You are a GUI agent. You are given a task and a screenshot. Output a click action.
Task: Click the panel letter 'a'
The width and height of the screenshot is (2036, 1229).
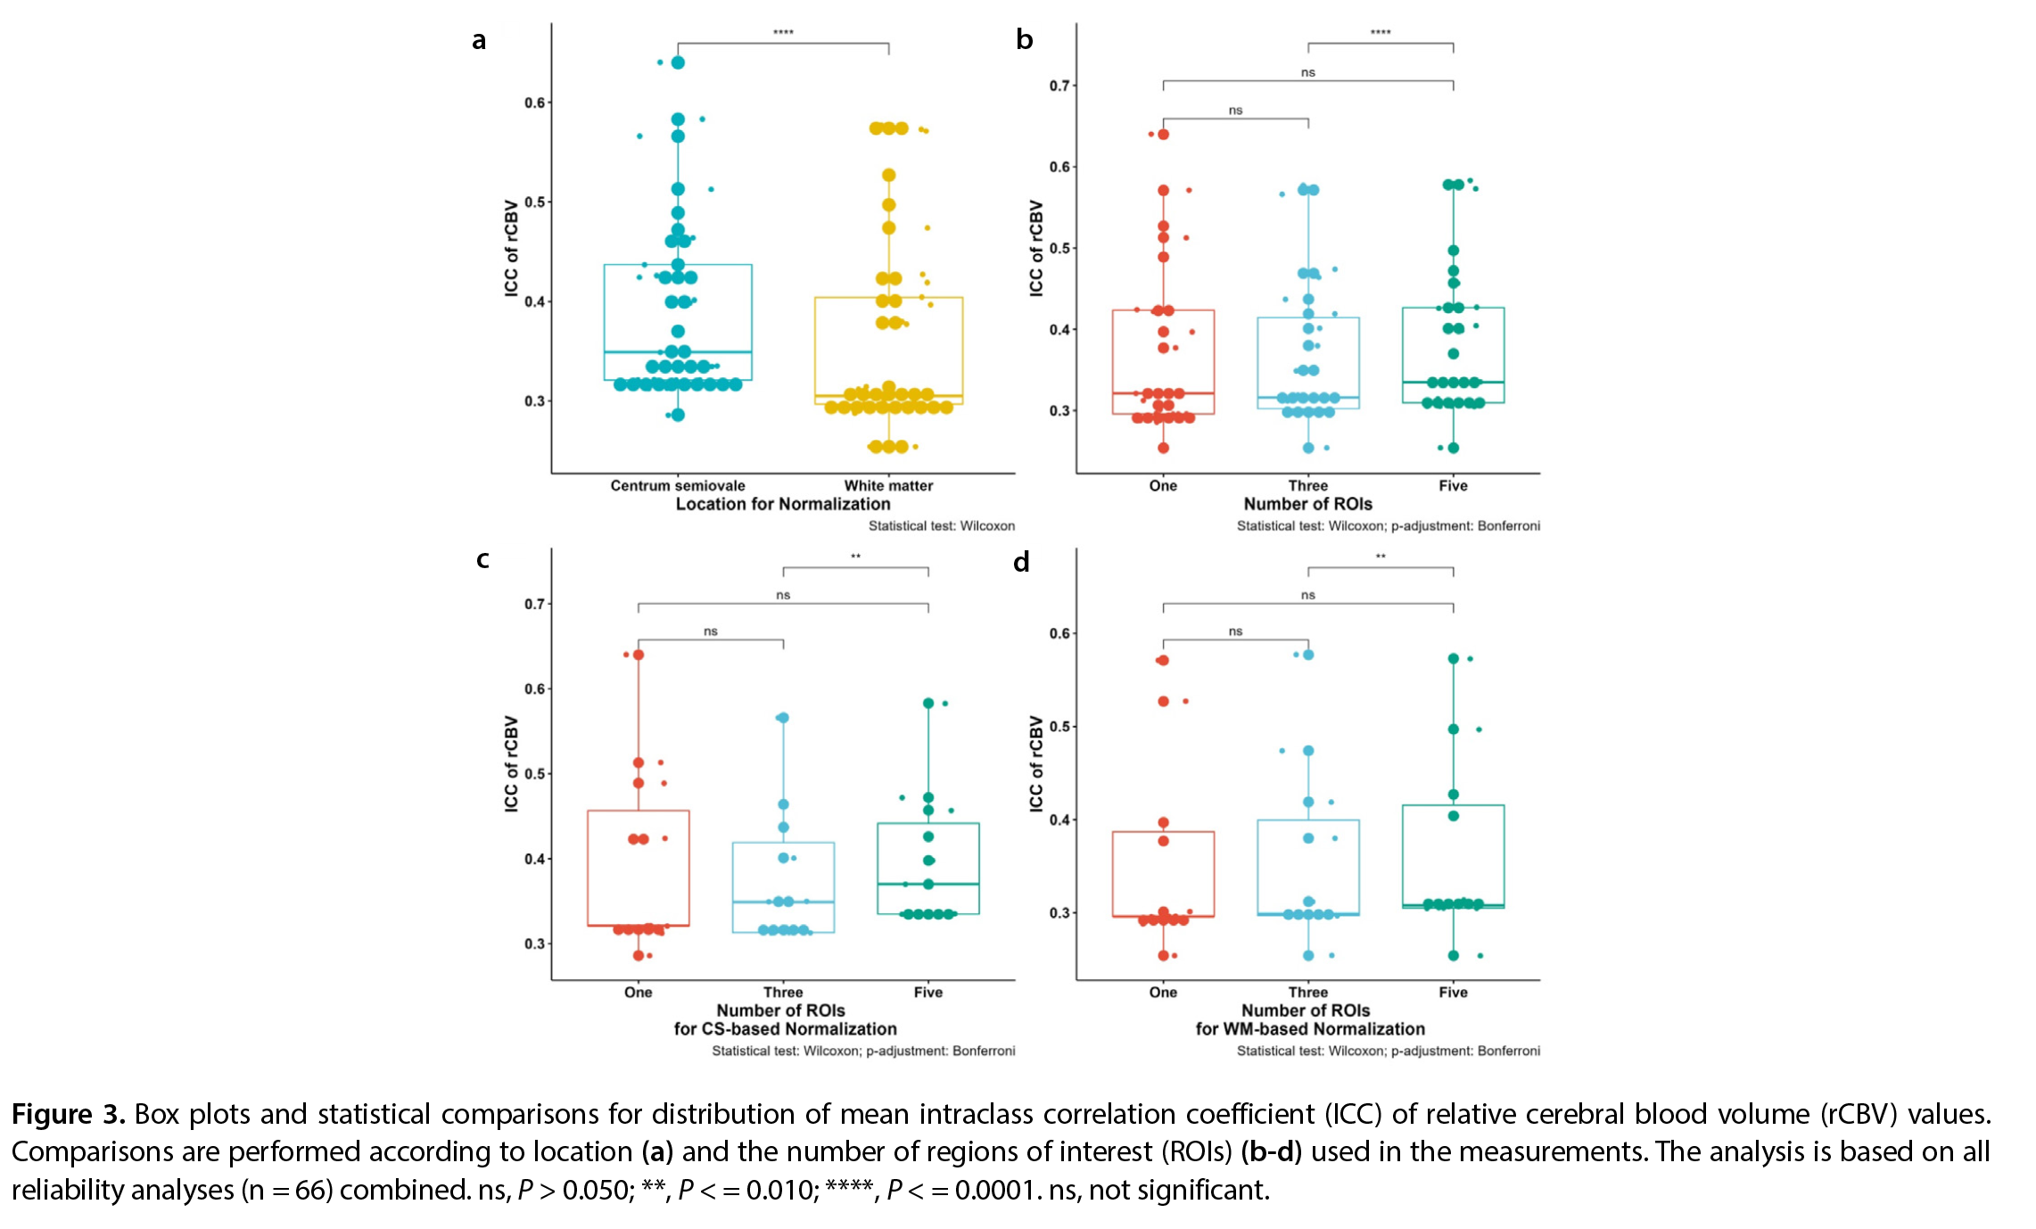click(x=479, y=42)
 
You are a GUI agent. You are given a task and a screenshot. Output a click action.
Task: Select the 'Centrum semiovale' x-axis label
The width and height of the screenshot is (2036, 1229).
click(x=678, y=485)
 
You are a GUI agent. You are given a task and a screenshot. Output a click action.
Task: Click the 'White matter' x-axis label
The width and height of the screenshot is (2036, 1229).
click(x=888, y=485)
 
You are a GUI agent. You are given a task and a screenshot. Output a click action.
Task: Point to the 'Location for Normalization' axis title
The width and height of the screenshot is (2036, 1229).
click(x=783, y=504)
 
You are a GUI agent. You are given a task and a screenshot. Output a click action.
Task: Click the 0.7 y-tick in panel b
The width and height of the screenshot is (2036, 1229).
click(x=1059, y=86)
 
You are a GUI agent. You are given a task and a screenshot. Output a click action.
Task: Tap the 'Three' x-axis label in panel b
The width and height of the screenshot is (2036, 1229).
click(x=1307, y=485)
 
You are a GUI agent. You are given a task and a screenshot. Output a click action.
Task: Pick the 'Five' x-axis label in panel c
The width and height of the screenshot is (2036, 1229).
click(x=927, y=992)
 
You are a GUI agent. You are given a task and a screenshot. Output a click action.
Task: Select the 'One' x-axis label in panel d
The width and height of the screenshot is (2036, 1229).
click(x=1163, y=992)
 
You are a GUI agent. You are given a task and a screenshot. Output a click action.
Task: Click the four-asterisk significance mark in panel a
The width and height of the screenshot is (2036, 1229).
click(x=783, y=33)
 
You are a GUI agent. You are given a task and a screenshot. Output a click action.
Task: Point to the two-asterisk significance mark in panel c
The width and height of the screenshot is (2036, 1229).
click(x=855, y=557)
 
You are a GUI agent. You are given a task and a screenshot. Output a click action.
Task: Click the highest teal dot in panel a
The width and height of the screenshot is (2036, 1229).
click(x=678, y=62)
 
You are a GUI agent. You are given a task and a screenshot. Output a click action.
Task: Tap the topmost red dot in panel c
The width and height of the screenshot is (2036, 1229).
click(x=639, y=655)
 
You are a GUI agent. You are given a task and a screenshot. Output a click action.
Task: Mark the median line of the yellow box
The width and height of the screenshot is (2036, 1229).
click(x=888, y=396)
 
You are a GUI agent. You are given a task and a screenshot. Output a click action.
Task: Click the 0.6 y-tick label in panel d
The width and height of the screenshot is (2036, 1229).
click(x=1059, y=633)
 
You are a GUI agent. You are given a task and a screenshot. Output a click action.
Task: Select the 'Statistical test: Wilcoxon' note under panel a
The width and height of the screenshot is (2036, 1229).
click(x=941, y=526)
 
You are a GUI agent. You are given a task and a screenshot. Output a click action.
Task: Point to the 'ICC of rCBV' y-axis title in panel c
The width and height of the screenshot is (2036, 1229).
click(x=511, y=763)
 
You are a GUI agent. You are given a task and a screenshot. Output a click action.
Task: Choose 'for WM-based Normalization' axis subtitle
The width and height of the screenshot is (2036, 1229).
click(x=1310, y=1029)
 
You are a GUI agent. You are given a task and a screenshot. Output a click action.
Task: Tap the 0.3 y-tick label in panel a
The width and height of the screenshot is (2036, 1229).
click(x=534, y=401)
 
